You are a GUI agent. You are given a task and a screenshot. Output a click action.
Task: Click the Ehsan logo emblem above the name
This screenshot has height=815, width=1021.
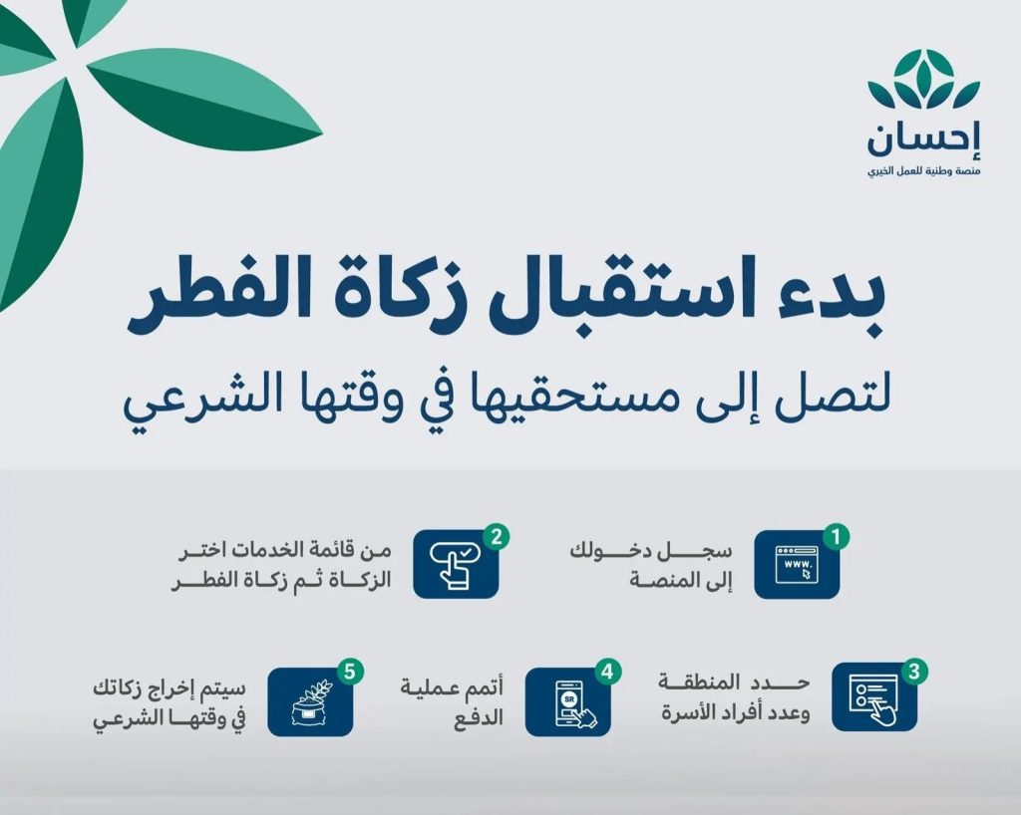(923, 82)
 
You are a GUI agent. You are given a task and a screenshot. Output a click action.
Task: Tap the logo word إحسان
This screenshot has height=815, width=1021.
(923, 140)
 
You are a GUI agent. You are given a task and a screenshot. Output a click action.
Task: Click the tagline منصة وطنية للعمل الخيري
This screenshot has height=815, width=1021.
(923, 173)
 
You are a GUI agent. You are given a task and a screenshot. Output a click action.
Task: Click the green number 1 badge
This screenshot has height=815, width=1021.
(839, 536)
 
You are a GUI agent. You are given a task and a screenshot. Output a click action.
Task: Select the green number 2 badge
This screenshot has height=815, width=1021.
(493, 536)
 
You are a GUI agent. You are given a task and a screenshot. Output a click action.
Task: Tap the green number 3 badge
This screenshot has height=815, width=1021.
(913, 670)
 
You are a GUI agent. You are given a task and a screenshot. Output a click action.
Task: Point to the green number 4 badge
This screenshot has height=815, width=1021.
(603, 670)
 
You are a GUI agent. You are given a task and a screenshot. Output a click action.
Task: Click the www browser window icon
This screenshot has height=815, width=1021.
(796, 566)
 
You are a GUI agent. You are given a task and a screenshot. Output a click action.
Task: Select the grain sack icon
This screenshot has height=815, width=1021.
(310, 701)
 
